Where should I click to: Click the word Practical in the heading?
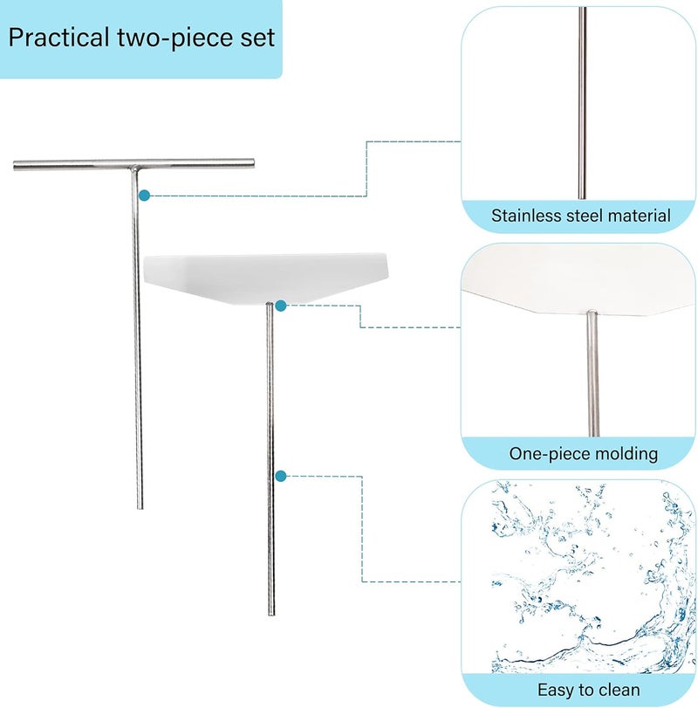[x=59, y=37]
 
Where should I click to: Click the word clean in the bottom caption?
[x=619, y=690]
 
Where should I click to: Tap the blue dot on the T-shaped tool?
[x=144, y=196]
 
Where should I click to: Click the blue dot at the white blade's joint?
[x=281, y=306]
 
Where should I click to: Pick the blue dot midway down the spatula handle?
[x=281, y=476]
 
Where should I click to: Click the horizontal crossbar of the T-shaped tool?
[x=134, y=164]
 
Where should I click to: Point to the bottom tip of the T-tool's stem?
[x=140, y=508]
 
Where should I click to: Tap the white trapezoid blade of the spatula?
[x=266, y=278]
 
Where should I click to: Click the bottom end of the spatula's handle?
[x=271, y=614]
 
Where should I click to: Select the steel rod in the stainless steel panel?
[x=583, y=103]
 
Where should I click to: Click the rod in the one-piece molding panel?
[x=593, y=374]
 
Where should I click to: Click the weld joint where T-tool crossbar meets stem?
[x=134, y=170]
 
